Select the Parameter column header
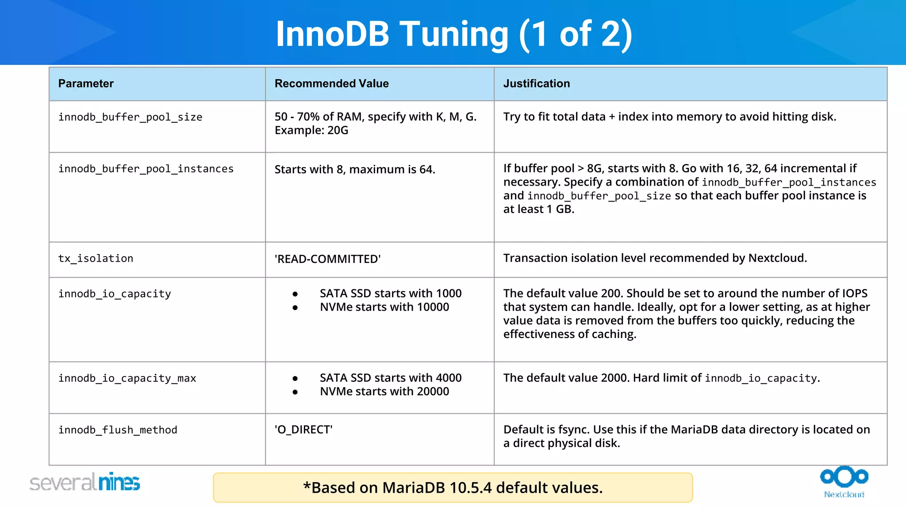pyautogui.click(x=86, y=84)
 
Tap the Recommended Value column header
pyautogui.click(x=331, y=84)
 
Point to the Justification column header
pyautogui.click(x=536, y=84)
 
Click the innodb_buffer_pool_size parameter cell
pyautogui.click(x=130, y=117)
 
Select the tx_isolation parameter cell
pyautogui.click(x=96, y=258)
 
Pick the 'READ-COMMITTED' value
pyautogui.click(x=327, y=259)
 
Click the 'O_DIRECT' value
pyautogui.click(x=303, y=429)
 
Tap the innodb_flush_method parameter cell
pyautogui.click(x=118, y=430)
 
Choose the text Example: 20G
pyautogui.click(x=311, y=130)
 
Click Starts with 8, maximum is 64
pyautogui.click(x=355, y=169)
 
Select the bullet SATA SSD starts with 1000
pyautogui.click(x=390, y=293)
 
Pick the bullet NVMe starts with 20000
pyautogui.click(x=384, y=391)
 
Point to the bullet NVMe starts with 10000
pyautogui.click(x=384, y=307)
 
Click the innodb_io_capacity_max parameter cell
pyautogui.click(x=127, y=378)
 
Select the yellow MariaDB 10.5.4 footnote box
pyautogui.click(x=453, y=488)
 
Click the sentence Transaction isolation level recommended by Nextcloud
pyautogui.click(x=655, y=258)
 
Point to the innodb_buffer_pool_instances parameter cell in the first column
pyautogui.click(x=146, y=169)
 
